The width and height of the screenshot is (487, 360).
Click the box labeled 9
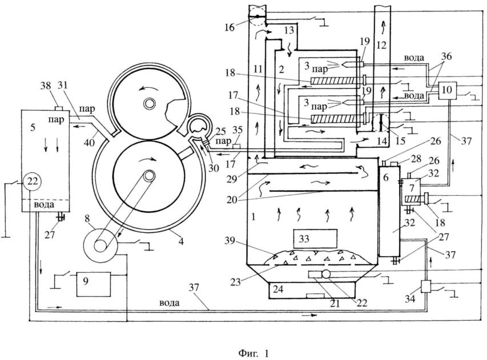click(x=92, y=282)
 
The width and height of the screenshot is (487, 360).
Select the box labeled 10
click(x=448, y=90)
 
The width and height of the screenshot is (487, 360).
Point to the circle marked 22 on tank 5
click(x=32, y=182)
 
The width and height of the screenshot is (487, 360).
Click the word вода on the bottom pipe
click(x=170, y=303)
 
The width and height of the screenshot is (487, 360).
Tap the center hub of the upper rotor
click(x=150, y=104)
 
